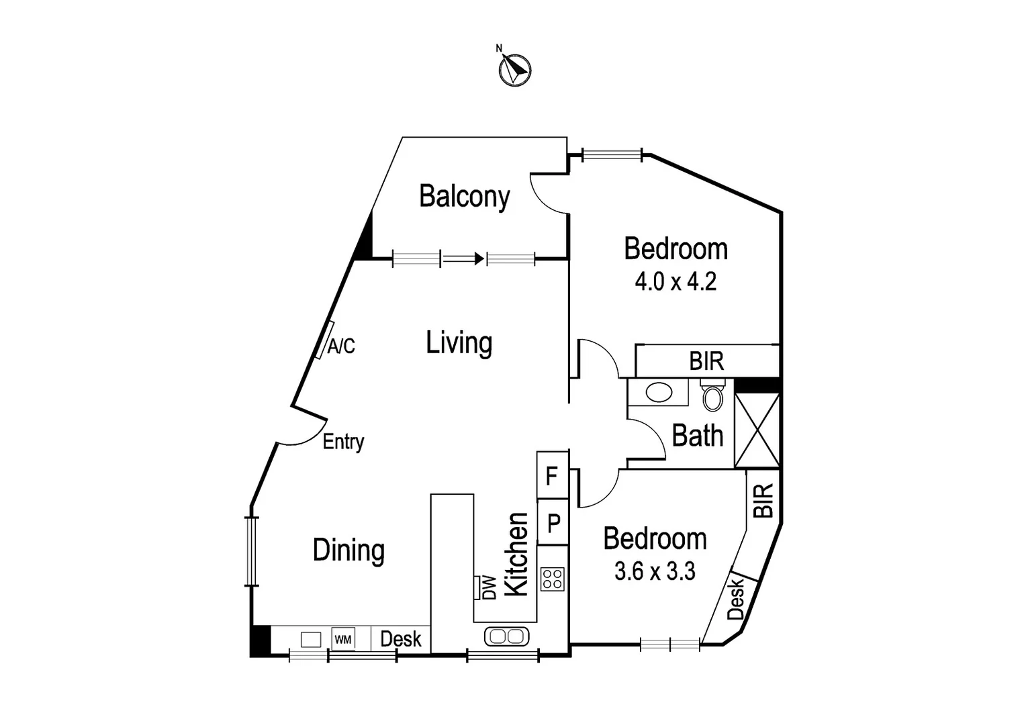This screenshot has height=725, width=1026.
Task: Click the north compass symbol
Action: pyautogui.click(x=515, y=69)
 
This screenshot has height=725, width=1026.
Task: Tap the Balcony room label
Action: pyautogui.click(x=464, y=196)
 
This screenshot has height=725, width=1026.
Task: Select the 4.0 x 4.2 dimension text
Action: pyautogui.click(x=675, y=281)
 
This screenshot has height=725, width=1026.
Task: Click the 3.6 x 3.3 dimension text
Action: pyautogui.click(x=655, y=571)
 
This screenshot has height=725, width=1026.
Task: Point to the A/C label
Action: pyautogui.click(x=341, y=346)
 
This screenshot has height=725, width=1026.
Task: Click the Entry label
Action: pyautogui.click(x=343, y=442)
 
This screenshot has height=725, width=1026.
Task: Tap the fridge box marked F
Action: pyautogui.click(x=552, y=476)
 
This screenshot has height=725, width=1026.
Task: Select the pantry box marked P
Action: pyautogui.click(x=553, y=522)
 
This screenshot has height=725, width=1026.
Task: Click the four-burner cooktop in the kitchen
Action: pyautogui.click(x=553, y=579)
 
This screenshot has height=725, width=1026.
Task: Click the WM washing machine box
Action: pyautogui.click(x=342, y=639)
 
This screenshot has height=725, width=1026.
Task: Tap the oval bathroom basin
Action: pyautogui.click(x=659, y=392)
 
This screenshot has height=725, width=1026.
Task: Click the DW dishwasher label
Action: pyautogui.click(x=489, y=588)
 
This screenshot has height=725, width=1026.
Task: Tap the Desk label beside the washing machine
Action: pyautogui.click(x=401, y=639)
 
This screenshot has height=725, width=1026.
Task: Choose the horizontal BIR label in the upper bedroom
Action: pyautogui.click(x=706, y=361)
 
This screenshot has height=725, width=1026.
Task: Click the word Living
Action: pyautogui.click(x=459, y=343)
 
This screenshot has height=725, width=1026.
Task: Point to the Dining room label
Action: pyautogui.click(x=348, y=550)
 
